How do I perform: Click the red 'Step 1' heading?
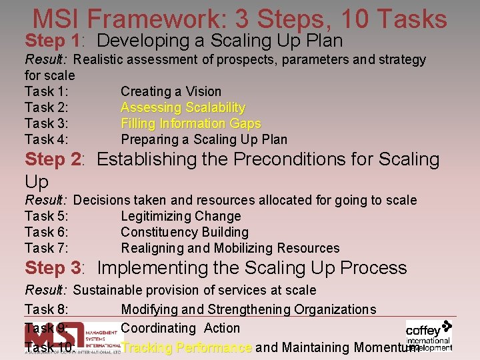click(x=53, y=41)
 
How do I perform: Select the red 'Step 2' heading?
click(x=53, y=160)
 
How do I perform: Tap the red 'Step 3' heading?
click(x=53, y=268)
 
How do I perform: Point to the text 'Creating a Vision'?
click(x=171, y=91)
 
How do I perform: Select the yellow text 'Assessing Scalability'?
click(x=183, y=107)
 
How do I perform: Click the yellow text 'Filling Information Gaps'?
click(x=191, y=123)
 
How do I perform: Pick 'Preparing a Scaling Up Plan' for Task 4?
click(x=204, y=139)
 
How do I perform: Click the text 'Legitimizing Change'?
click(x=181, y=216)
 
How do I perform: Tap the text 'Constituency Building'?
click(x=185, y=232)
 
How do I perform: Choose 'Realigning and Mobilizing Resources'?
click(x=230, y=248)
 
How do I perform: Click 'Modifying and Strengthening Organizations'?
click(x=249, y=309)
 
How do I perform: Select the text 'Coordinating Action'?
click(x=180, y=328)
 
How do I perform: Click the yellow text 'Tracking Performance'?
click(x=187, y=347)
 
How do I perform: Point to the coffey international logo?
click(x=429, y=335)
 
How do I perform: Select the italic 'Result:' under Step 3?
click(x=47, y=290)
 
